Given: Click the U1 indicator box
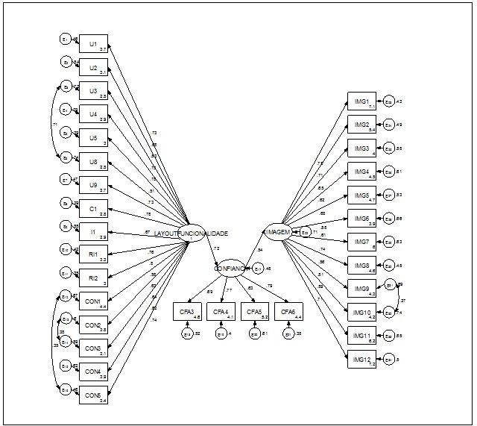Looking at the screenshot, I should click(93, 44).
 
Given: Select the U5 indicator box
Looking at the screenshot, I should click(93, 138).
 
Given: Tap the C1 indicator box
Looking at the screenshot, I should click(93, 208).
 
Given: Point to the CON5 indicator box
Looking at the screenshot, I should click(93, 395).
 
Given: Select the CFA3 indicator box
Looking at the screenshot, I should click(186, 312).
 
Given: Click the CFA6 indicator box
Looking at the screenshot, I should click(288, 312).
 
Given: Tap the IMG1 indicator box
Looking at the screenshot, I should click(362, 102).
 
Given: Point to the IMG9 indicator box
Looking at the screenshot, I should click(362, 289).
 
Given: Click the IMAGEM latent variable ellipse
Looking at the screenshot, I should click(277, 232).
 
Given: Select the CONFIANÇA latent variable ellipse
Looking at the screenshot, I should click(230, 267).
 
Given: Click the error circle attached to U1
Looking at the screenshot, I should click(66, 40).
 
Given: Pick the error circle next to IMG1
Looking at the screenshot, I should click(389, 101).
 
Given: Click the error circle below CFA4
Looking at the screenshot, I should click(221, 333).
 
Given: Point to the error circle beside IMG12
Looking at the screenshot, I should click(389, 360).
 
